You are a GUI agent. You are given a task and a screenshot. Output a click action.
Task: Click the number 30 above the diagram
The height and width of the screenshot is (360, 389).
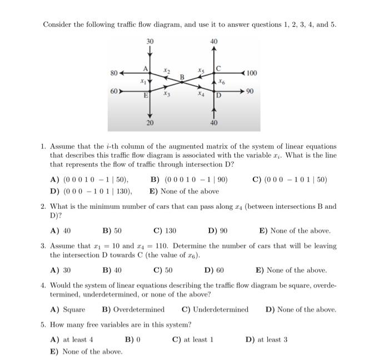(x=150, y=41)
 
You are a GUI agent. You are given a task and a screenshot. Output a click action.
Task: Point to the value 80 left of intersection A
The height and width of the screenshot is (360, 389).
(x=114, y=73)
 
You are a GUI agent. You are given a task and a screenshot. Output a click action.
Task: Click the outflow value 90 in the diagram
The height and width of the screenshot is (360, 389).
(x=251, y=91)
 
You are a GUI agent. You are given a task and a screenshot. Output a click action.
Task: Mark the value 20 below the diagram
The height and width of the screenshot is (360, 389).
(x=150, y=123)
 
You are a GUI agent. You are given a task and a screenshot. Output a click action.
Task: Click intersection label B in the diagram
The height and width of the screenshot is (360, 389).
(x=182, y=77)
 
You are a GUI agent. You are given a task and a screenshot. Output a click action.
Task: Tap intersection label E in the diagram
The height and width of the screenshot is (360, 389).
(x=146, y=95)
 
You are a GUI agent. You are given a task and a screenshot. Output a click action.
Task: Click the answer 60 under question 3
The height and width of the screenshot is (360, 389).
(x=218, y=271)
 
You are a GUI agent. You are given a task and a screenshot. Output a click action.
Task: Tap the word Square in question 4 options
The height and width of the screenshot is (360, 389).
(x=74, y=309)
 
